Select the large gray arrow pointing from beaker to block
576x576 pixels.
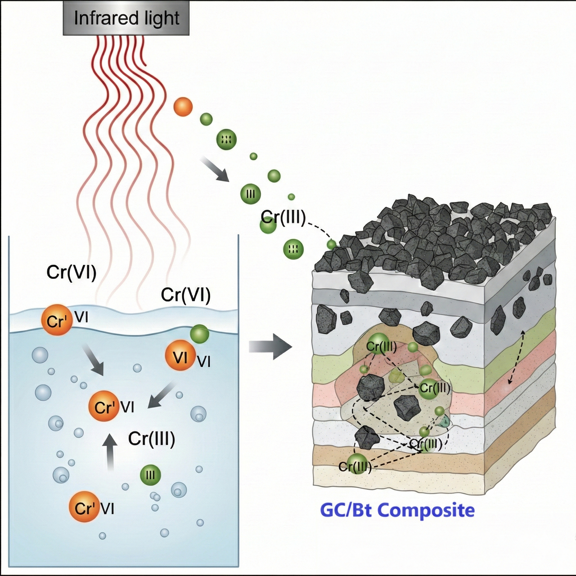pyautogui.click(x=270, y=347)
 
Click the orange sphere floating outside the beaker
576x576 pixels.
pyautogui.click(x=183, y=106)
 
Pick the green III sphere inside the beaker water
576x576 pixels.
pyautogui.click(x=150, y=475)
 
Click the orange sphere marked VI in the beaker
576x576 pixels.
pyautogui.click(x=180, y=357)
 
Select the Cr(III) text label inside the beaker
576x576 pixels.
pyautogui.click(x=152, y=439)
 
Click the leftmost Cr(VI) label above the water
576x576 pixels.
pyautogui.click(x=71, y=272)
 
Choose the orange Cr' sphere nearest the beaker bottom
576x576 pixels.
pyautogui.click(x=84, y=507)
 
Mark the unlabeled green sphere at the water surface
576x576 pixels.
pyautogui.click(x=199, y=334)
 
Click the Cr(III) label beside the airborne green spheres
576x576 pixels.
pyautogui.click(x=283, y=218)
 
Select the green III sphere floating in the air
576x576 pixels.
pyautogui.click(x=250, y=194)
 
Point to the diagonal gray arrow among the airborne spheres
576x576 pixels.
pyautogui.click(x=215, y=170)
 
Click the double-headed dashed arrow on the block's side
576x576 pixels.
pyautogui.click(x=516, y=357)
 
